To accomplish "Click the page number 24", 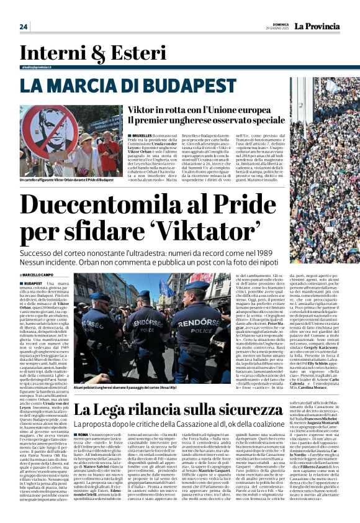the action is click(23, 26).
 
